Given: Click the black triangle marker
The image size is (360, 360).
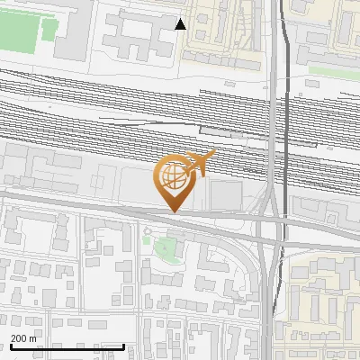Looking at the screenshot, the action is click(180, 24).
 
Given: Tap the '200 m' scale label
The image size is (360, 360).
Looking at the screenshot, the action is click(23, 338).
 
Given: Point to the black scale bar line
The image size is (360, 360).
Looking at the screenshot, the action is click(67, 346).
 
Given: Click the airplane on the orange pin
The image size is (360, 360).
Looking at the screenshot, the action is click(200, 164).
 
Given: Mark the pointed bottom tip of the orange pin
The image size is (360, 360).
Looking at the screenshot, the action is click(174, 211).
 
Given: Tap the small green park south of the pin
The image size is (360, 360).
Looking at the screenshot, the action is click(165, 247).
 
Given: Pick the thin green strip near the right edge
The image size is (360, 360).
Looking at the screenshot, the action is click(334, 70).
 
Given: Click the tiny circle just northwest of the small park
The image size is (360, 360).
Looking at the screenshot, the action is click(147, 231).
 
